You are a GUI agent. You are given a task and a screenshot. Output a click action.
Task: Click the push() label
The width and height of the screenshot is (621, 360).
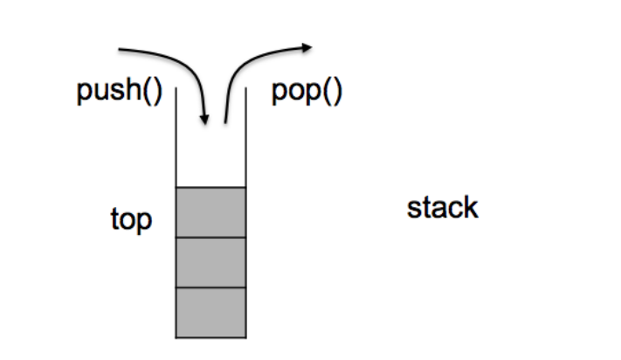[x=119, y=92]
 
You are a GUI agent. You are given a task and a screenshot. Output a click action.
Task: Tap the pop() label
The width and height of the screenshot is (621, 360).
[x=307, y=92]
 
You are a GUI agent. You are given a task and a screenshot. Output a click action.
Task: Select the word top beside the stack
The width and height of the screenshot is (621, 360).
[x=131, y=219]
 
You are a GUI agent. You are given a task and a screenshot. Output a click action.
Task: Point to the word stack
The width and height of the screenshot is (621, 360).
[x=443, y=208]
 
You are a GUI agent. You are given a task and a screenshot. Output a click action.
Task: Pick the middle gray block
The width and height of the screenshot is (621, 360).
[x=210, y=261]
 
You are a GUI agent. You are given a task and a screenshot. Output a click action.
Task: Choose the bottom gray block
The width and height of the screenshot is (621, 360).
[x=210, y=312]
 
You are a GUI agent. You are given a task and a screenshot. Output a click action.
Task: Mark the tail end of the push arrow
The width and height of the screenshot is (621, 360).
[x=119, y=49]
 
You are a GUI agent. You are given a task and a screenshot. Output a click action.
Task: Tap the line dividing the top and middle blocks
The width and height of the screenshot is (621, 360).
[x=210, y=237]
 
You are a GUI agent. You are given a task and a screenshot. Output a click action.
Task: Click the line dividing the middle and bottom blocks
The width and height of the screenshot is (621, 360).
[x=210, y=287]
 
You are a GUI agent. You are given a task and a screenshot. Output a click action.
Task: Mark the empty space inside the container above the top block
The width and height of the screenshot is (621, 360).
[x=210, y=157]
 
